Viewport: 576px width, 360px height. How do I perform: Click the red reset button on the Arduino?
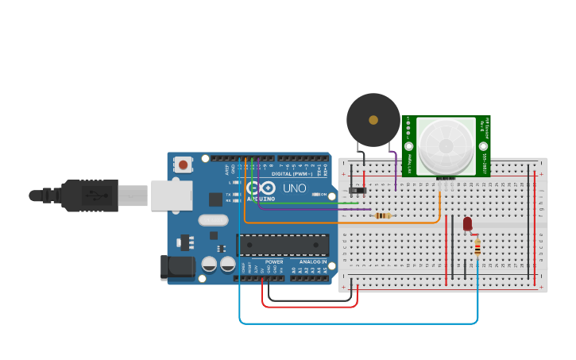pyautogui.click(x=184, y=165)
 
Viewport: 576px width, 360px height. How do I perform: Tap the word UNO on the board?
pyautogui.click(x=295, y=188)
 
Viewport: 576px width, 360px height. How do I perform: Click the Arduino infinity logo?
pyautogui.click(x=261, y=188)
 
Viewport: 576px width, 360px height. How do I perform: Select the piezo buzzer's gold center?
pyautogui.click(x=373, y=120)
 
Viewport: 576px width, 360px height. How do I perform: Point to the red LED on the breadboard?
pyautogui.click(x=467, y=224)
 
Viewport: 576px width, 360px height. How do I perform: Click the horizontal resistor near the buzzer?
pyautogui.click(x=382, y=215)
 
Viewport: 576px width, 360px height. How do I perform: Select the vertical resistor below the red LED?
pyautogui.click(x=477, y=250)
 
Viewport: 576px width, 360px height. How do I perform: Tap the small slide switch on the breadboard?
pyautogui.click(x=358, y=190)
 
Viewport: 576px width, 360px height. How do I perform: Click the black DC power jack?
pyautogui.click(x=176, y=268)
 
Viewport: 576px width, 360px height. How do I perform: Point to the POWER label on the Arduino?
pyautogui.click(x=274, y=261)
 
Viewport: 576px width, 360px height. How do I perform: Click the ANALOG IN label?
pyautogui.click(x=313, y=261)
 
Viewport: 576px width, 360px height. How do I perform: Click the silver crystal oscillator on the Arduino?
pyautogui.click(x=213, y=220)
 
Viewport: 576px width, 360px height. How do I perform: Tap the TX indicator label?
pyautogui.click(x=228, y=194)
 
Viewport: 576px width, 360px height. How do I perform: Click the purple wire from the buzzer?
pyautogui.click(x=395, y=171)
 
